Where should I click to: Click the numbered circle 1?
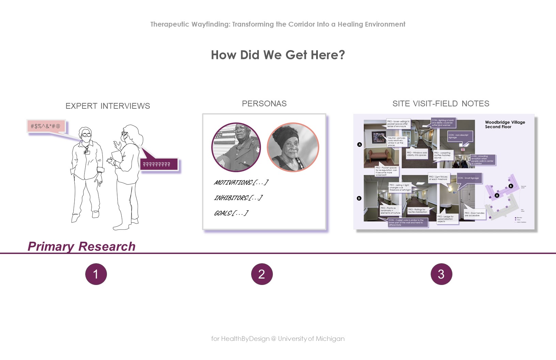(x=96, y=274)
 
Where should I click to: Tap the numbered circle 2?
(x=262, y=274)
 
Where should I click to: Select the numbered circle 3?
(x=441, y=274)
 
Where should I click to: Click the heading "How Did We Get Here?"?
(x=278, y=55)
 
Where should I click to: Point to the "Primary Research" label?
(x=81, y=246)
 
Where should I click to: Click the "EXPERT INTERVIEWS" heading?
(x=108, y=106)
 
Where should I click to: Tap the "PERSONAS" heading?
(x=264, y=104)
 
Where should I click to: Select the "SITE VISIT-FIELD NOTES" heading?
(x=441, y=104)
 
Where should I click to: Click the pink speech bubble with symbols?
(x=46, y=126)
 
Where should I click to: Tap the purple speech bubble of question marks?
(x=158, y=164)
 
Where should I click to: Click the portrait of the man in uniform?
(x=236, y=147)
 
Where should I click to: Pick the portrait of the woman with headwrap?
(x=293, y=147)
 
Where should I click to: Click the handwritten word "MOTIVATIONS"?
(x=233, y=183)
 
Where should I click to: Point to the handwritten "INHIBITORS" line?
(x=238, y=198)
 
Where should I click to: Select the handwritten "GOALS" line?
(x=231, y=213)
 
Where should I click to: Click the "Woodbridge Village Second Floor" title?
(x=505, y=124)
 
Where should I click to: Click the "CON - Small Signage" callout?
(x=468, y=178)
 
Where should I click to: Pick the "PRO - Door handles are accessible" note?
(x=474, y=214)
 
